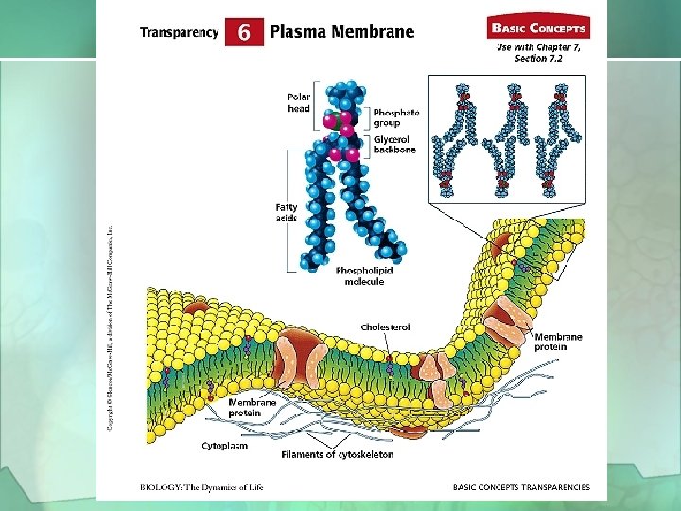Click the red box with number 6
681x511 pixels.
click(x=244, y=32)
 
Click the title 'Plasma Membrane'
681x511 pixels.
click(x=342, y=32)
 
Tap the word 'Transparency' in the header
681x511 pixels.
click(x=179, y=33)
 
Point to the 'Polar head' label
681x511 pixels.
click(x=299, y=102)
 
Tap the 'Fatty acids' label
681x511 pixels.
click(x=286, y=212)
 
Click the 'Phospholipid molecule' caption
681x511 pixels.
click(x=364, y=276)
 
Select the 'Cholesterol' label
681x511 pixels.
click(x=385, y=327)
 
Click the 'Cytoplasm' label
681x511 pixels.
click(x=225, y=444)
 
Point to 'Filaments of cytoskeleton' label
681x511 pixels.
click(x=337, y=454)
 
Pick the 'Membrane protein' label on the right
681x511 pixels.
click(x=558, y=342)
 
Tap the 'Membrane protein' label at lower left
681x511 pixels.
click(x=252, y=408)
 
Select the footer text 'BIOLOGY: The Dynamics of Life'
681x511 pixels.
click(x=201, y=487)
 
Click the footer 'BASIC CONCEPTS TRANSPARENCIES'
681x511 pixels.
click(x=521, y=487)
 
